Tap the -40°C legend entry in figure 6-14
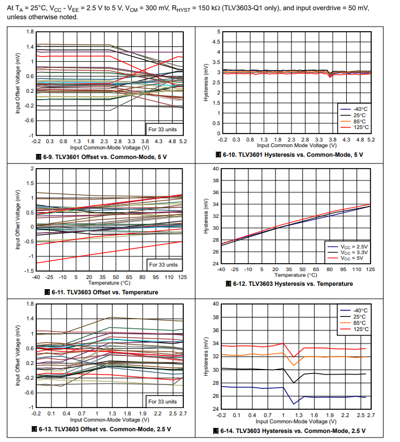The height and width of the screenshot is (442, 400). coord(360,310)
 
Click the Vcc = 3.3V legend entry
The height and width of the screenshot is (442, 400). coord(354,252)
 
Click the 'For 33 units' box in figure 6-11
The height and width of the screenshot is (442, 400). coord(163,264)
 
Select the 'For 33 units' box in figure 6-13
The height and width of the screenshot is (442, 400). coord(163,401)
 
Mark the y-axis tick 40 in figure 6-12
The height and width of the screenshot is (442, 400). coord(216,169)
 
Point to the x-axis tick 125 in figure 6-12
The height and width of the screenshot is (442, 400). coord(370,269)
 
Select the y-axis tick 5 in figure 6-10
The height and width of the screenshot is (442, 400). coord(218,32)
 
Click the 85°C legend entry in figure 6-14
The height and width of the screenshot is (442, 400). coord(360,323)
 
